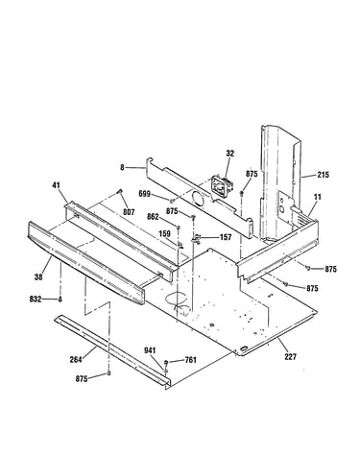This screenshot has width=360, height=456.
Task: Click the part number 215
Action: tap(323, 175)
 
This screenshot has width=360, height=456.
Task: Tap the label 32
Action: tap(229, 154)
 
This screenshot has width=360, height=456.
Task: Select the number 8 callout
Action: tap(122, 167)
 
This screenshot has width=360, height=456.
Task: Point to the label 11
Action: tap(317, 197)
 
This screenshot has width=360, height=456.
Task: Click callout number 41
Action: tap(56, 185)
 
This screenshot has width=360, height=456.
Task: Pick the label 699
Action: tap(144, 194)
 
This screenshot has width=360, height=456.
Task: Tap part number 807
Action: tap(129, 212)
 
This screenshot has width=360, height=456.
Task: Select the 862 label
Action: tap(153, 217)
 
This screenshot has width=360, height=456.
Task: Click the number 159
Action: tap(164, 234)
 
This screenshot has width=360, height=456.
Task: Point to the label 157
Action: tap(226, 237)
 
